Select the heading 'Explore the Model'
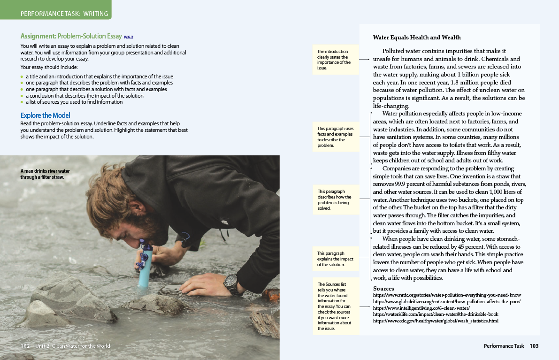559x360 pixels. pyautogui.click(x=46, y=115)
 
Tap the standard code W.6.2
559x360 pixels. pyautogui.click(x=129, y=37)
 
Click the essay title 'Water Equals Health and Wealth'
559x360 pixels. pyautogui.click(x=417, y=38)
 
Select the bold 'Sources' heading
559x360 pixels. pyautogui.click(x=383, y=288)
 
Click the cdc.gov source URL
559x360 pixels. pyautogui.click(x=436, y=321)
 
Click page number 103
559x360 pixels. pyautogui.click(x=534, y=346)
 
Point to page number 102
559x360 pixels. pyautogui.click(x=25, y=346)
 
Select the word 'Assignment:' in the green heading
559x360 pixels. pyautogui.click(x=38, y=36)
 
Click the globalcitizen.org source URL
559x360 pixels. pyautogui.click(x=446, y=301)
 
